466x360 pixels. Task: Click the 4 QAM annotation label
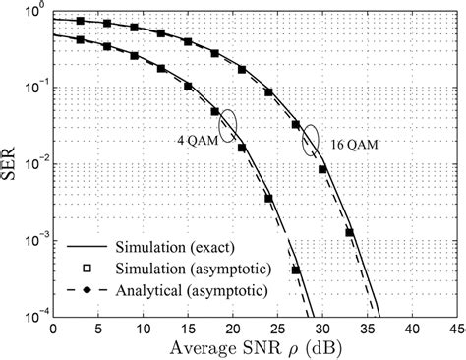pyautogui.click(x=194, y=138)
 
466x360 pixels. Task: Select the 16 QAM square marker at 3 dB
pyautogui.click(x=79, y=21)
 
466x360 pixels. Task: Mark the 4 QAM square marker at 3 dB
pyautogui.click(x=79, y=40)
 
